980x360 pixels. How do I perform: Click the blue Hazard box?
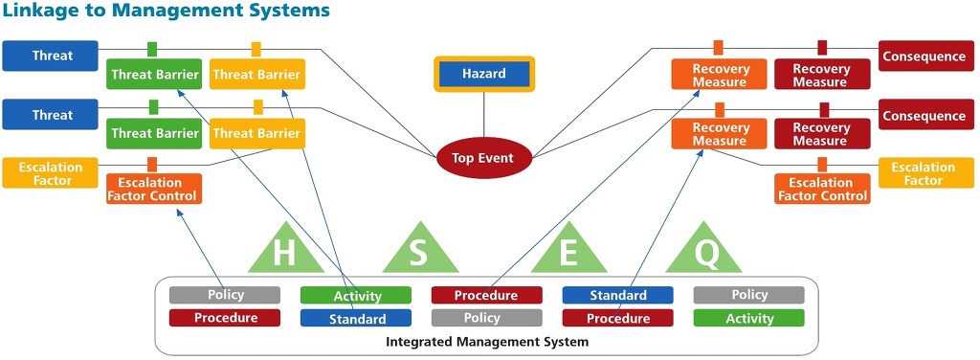coord(483,74)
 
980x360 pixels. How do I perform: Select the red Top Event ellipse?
coord(483,157)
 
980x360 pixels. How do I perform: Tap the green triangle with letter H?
coord(285,250)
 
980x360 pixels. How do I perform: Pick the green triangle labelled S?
coord(420,250)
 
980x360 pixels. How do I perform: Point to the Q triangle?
coord(703,250)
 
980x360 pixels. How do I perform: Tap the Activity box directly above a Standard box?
coord(356,295)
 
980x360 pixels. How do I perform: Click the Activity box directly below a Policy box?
coord(748,318)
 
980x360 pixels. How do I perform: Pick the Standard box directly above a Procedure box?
coord(617,295)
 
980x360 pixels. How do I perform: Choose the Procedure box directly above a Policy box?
coord(486,295)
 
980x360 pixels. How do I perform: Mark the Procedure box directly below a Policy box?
coord(225,318)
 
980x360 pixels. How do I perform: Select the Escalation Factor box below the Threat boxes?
coord(51,173)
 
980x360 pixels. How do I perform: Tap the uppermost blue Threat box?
coord(51,56)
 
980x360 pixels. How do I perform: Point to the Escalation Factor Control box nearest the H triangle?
coord(154,189)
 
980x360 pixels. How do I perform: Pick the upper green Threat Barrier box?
coord(154,75)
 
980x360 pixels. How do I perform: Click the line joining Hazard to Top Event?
coord(483,116)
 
